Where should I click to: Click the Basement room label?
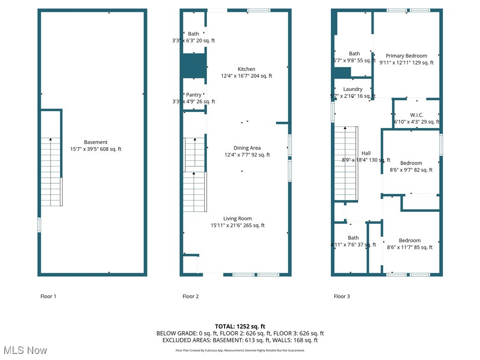(x=96, y=142)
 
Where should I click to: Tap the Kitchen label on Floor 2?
(x=246, y=69)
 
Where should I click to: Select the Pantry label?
(x=194, y=95)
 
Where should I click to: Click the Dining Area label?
(x=247, y=148)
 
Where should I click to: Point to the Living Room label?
(x=237, y=218)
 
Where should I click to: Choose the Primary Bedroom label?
(x=406, y=56)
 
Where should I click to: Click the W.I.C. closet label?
(x=417, y=115)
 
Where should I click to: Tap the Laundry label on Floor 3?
(x=352, y=89)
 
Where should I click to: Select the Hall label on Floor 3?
(x=366, y=153)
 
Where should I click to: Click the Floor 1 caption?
(x=48, y=296)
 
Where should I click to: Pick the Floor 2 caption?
(x=190, y=296)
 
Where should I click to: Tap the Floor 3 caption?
(x=342, y=296)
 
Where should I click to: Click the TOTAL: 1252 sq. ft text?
(x=240, y=326)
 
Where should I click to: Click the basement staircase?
(x=51, y=171)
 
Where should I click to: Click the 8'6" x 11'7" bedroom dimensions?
(x=410, y=247)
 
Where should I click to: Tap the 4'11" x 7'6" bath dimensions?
(x=353, y=245)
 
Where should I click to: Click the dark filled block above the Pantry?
(x=194, y=66)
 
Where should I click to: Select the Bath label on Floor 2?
(x=194, y=34)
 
